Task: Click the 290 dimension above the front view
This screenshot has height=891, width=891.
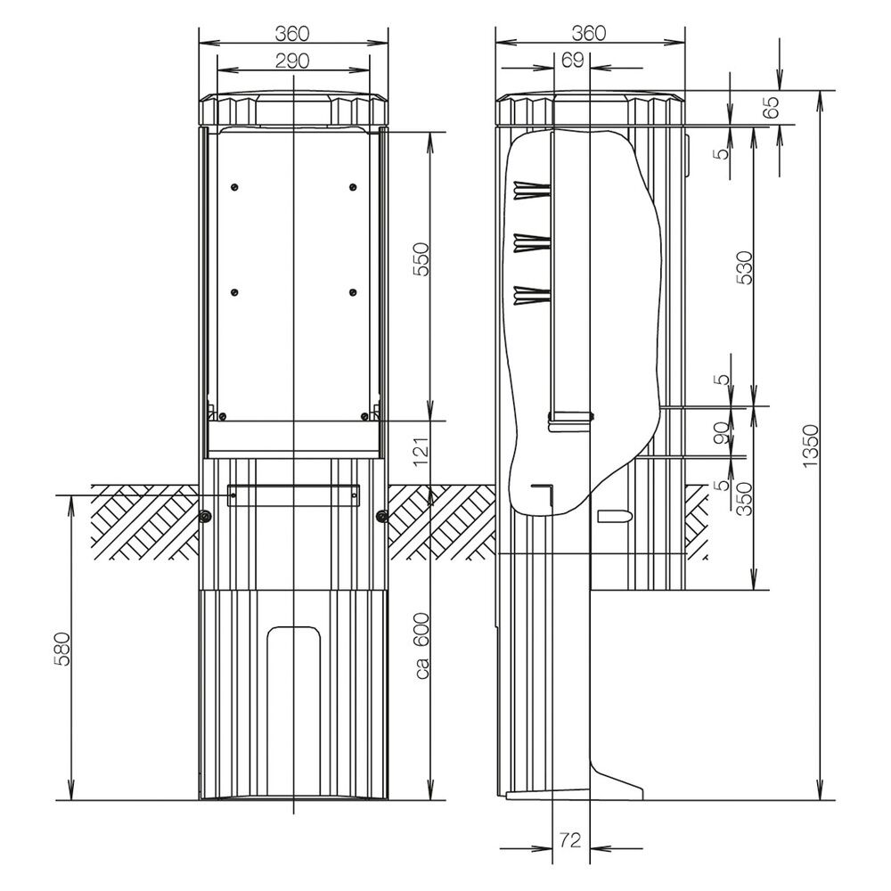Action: pos(291,61)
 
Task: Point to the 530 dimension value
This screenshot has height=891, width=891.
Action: pos(746,268)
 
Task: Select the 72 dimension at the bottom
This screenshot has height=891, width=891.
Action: pos(570,839)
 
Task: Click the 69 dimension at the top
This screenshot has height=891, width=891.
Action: pos(573,60)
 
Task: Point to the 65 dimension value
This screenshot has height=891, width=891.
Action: pos(771,108)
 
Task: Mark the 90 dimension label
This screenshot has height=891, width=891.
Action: pos(723,432)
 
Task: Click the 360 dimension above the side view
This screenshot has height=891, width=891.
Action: pos(588,33)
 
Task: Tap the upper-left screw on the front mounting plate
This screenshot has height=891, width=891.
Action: pos(233,186)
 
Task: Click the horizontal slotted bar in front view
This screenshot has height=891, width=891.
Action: pos(293,495)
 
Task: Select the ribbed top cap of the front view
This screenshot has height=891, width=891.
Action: pos(293,109)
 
